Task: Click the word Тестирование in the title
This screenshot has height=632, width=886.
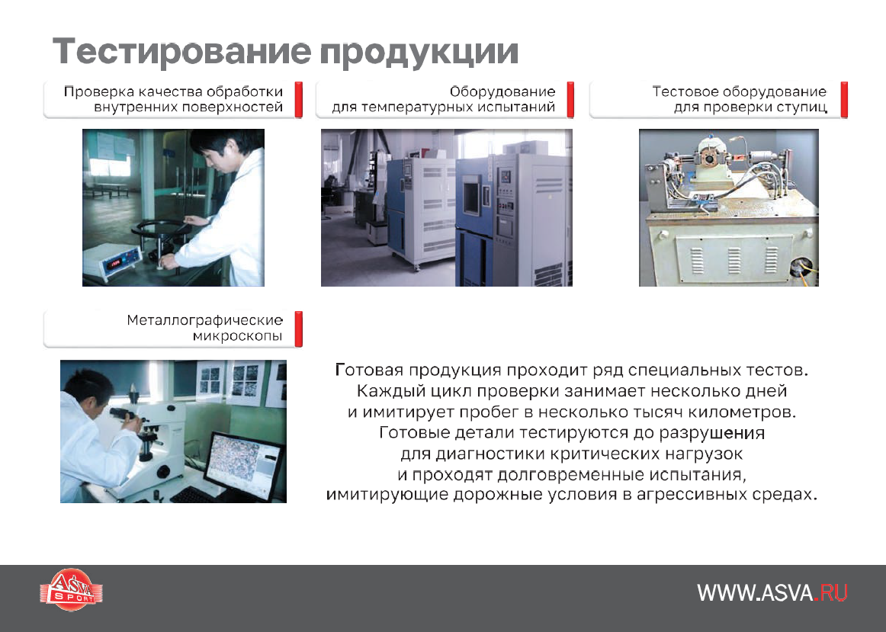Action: (182, 51)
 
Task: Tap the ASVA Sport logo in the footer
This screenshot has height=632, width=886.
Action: (72, 589)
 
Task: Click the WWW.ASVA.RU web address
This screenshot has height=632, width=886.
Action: (772, 592)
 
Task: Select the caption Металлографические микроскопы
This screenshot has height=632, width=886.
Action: (204, 328)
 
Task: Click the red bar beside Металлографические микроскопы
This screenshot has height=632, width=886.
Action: (299, 329)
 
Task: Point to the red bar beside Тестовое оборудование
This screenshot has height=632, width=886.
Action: (844, 100)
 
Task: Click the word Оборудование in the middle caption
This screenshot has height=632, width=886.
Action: (502, 91)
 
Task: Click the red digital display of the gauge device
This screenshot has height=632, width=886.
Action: (116, 262)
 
